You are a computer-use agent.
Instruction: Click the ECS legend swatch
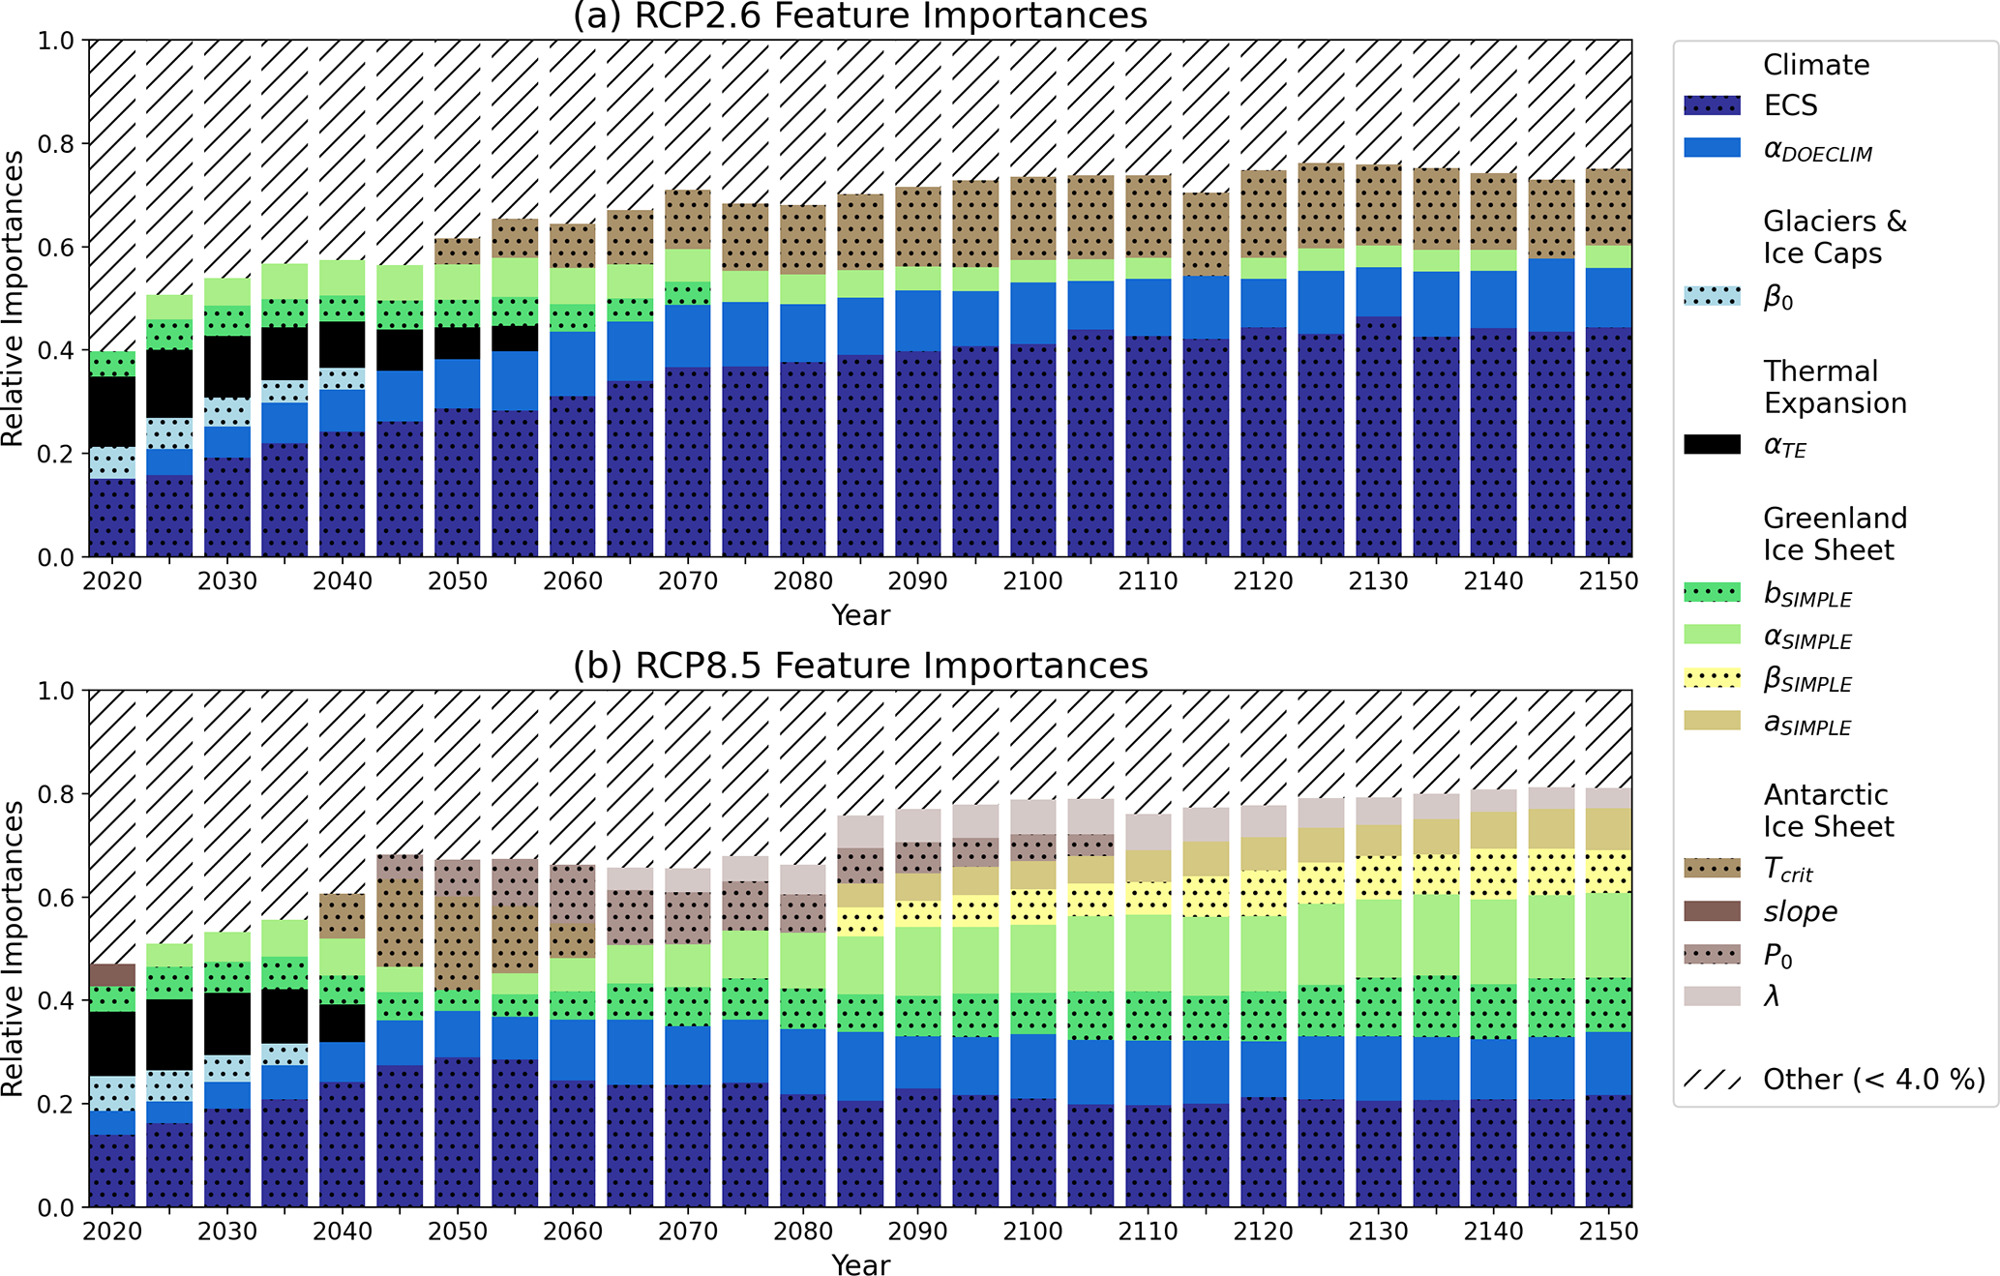[1712, 105]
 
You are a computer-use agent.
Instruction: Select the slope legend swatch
[1712, 911]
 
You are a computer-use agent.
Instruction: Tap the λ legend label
[1772, 996]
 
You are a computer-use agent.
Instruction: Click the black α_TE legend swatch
[1712, 445]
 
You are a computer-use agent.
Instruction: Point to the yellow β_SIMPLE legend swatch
[1712, 678]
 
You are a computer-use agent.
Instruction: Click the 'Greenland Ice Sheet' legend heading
[1835, 534]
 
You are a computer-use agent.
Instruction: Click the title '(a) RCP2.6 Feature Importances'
[859, 16]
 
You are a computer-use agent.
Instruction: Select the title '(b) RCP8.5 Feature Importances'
[859, 667]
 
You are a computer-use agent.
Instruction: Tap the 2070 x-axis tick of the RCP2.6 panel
[688, 581]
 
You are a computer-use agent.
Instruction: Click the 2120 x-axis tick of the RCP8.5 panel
[1263, 1231]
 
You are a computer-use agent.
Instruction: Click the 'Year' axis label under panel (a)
[860, 615]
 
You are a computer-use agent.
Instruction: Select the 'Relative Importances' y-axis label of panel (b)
[14, 948]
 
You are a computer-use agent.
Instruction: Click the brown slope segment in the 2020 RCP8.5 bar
[112, 975]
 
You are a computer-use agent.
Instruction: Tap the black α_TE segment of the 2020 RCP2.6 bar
[112, 412]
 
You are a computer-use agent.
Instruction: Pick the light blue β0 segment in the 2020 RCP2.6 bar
[112, 463]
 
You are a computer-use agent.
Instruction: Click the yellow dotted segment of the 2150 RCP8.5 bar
[1608, 872]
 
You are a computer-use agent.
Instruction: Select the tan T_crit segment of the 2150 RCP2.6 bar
[1608, 207]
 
